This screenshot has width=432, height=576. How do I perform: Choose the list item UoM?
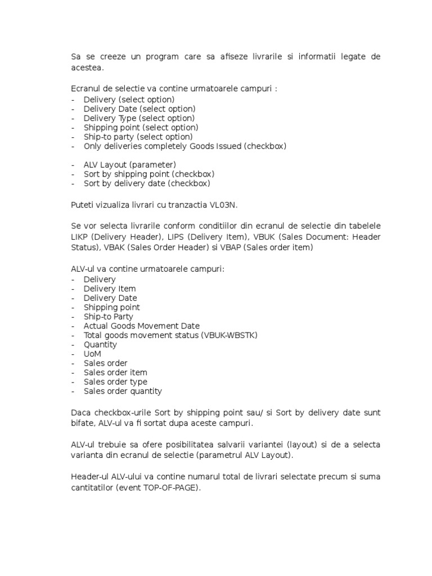pos(92,354)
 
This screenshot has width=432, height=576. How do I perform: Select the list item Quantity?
pos(100,345)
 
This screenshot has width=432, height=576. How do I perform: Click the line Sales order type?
pos(115,382)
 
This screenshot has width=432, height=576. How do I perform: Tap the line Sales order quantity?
pos(123,391)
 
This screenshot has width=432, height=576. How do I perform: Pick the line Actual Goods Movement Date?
pos(141,326)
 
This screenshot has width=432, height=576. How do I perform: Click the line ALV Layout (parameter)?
pos(129,165)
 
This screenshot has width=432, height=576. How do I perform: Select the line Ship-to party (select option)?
pos(138,137)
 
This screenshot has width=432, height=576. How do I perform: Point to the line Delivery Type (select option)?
pos(139,118)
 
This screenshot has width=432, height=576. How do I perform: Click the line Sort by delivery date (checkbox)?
pos(146,183)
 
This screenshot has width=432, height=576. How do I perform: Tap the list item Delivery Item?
pos(110,289)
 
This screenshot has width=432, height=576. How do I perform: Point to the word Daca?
pos(81,413)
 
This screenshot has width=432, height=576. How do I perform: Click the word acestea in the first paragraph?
pos(87,68)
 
